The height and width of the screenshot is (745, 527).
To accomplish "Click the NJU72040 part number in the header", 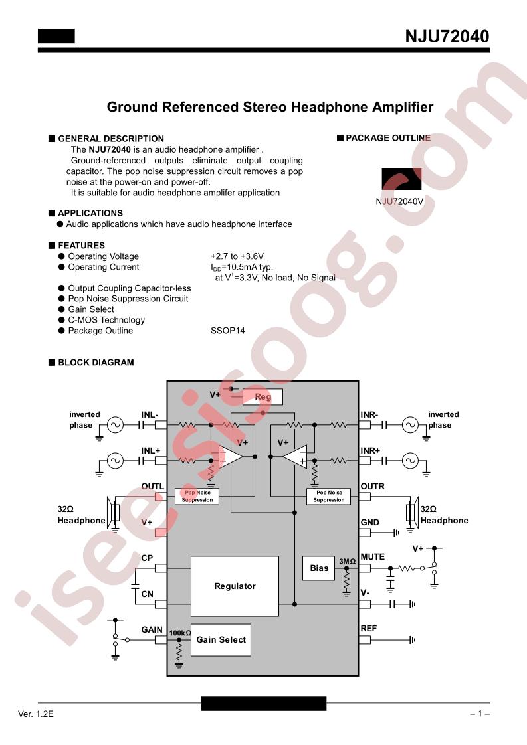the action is pyautogui.click(x=447, y=37).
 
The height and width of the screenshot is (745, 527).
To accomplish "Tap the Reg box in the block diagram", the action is pyautogui.click(x=263, y=396).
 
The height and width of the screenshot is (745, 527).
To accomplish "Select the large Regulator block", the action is pyautogui.click(x=235, y=586).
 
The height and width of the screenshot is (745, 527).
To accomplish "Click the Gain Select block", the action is pyautogui.click(x=221, y=640).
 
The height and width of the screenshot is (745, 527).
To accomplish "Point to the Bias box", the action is pyautogui.click(x=319, y=568).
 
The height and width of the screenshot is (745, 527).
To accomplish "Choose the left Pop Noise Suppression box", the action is pyautogui.click(x=197, y=496).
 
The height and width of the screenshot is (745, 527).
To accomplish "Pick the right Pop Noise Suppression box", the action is pyautogui.click(x=329, y=496).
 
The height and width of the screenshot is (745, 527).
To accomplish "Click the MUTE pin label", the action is pyautogui.click(x=372, y=557).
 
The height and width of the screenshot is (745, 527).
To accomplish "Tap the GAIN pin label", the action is pyautogui.click(x=152, y=629).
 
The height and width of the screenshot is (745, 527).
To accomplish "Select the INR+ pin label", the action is pyautogui.click(x=370, y=450).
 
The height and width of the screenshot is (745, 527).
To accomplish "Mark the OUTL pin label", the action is pyautogui.click(x=152, y=486).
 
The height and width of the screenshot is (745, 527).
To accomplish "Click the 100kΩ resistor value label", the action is pyautogui.click(x=180, y=633).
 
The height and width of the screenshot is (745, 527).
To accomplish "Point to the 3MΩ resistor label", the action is pyautogui.click(x=347, y=561).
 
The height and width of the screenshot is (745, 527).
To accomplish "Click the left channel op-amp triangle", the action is pyautogui.click(x=231, y=457).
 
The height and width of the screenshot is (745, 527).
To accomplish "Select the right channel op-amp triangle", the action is pyautogui.click(x=295, y=457).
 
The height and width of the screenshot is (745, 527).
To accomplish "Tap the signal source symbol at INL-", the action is pyautogui.click(x=114, y=425).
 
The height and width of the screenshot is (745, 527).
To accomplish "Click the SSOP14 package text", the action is pyautogui.click(x=228, y=331).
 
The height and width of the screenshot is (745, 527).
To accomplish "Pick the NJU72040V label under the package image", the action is pyautogui.click(x=399, y=201).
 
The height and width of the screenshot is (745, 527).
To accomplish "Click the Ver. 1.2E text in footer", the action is pyautogui.click(x=36, y=714).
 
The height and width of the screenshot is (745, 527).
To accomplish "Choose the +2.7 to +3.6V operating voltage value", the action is pyautogui.click(x=237, y=256).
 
